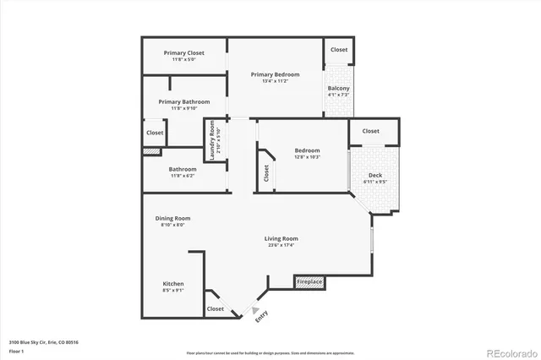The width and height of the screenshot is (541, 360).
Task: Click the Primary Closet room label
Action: [183, 53]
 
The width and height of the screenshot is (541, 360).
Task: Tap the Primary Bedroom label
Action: [275, 74]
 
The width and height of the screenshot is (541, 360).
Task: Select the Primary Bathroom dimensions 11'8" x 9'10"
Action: [183, 108]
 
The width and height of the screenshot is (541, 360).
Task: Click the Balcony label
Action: [338, 89]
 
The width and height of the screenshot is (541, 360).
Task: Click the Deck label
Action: [374, 175]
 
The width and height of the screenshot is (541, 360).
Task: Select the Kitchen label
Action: [173, 284]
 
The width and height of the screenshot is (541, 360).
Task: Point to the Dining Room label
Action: [172, 218]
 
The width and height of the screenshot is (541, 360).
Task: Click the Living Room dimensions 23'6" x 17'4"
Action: [282, 245]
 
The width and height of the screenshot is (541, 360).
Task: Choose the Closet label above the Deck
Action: [370, 131]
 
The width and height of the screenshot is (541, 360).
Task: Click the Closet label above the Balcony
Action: [338, 50]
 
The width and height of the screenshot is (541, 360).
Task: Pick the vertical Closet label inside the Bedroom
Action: [266, 173]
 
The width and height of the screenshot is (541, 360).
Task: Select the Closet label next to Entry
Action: [216, 309]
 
